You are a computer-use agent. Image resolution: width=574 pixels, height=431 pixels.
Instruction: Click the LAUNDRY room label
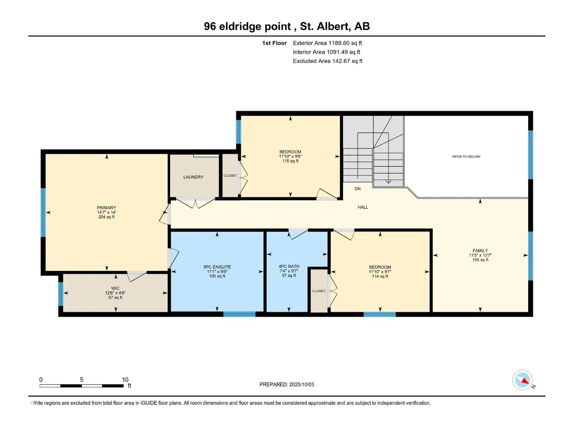tap(193, 177)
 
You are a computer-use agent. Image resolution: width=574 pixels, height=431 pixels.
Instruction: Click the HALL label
tap(363, 207)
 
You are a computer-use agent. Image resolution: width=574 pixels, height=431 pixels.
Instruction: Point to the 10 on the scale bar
tap(125, 380)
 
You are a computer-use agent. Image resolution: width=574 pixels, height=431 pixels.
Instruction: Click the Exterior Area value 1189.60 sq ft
tap(345, 43)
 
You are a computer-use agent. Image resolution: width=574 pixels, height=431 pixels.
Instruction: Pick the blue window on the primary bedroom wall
tap(43, 213)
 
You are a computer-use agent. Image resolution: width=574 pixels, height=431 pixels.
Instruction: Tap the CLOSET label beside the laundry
tap(230, 176)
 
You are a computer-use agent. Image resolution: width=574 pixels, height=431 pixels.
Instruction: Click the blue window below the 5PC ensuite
tap(239, 314)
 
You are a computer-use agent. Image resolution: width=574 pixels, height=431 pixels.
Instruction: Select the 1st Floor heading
tap(274, 43)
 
